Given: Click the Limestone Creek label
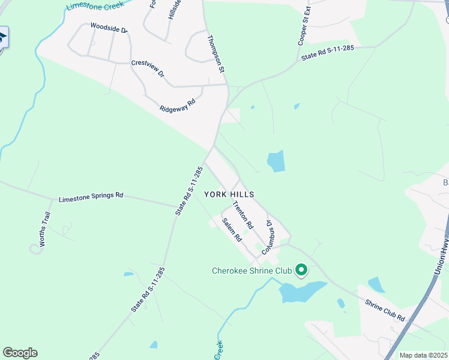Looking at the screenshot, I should click(94, 5).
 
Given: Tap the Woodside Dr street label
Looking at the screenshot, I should click(109, 28).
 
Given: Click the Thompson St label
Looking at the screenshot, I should click(215, 54).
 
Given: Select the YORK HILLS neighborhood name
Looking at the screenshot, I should click(229, 194).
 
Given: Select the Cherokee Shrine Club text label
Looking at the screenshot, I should click(252, 271).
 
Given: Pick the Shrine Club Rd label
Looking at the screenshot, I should click(385, 309).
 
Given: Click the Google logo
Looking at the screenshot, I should click(20, 353).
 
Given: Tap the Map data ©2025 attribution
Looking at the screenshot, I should click(424, 355).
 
